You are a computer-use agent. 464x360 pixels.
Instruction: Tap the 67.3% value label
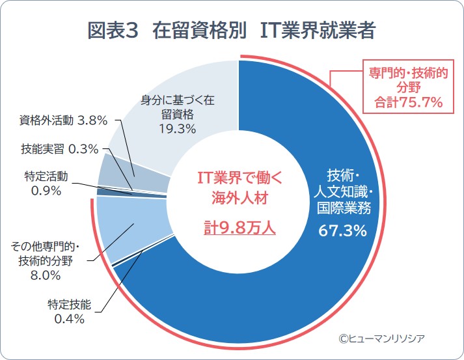pyautogui.click(x=342, y=231)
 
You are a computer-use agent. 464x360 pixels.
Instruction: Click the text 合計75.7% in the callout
pyautogui.click(x=408, y=102)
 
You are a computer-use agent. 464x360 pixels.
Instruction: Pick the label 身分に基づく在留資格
pyautogui.click(x=178, y=107)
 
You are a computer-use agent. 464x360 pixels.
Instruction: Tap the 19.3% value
pyautogui.click(x=178, y=129)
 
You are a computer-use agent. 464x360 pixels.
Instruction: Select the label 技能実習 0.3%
pyautogui.click(x=59, y=148)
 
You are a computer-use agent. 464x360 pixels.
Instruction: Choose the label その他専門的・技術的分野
pyautogui.click(x=46, y=254)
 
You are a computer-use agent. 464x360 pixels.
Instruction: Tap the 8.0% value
pyautogui.click(x=46, y=275)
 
